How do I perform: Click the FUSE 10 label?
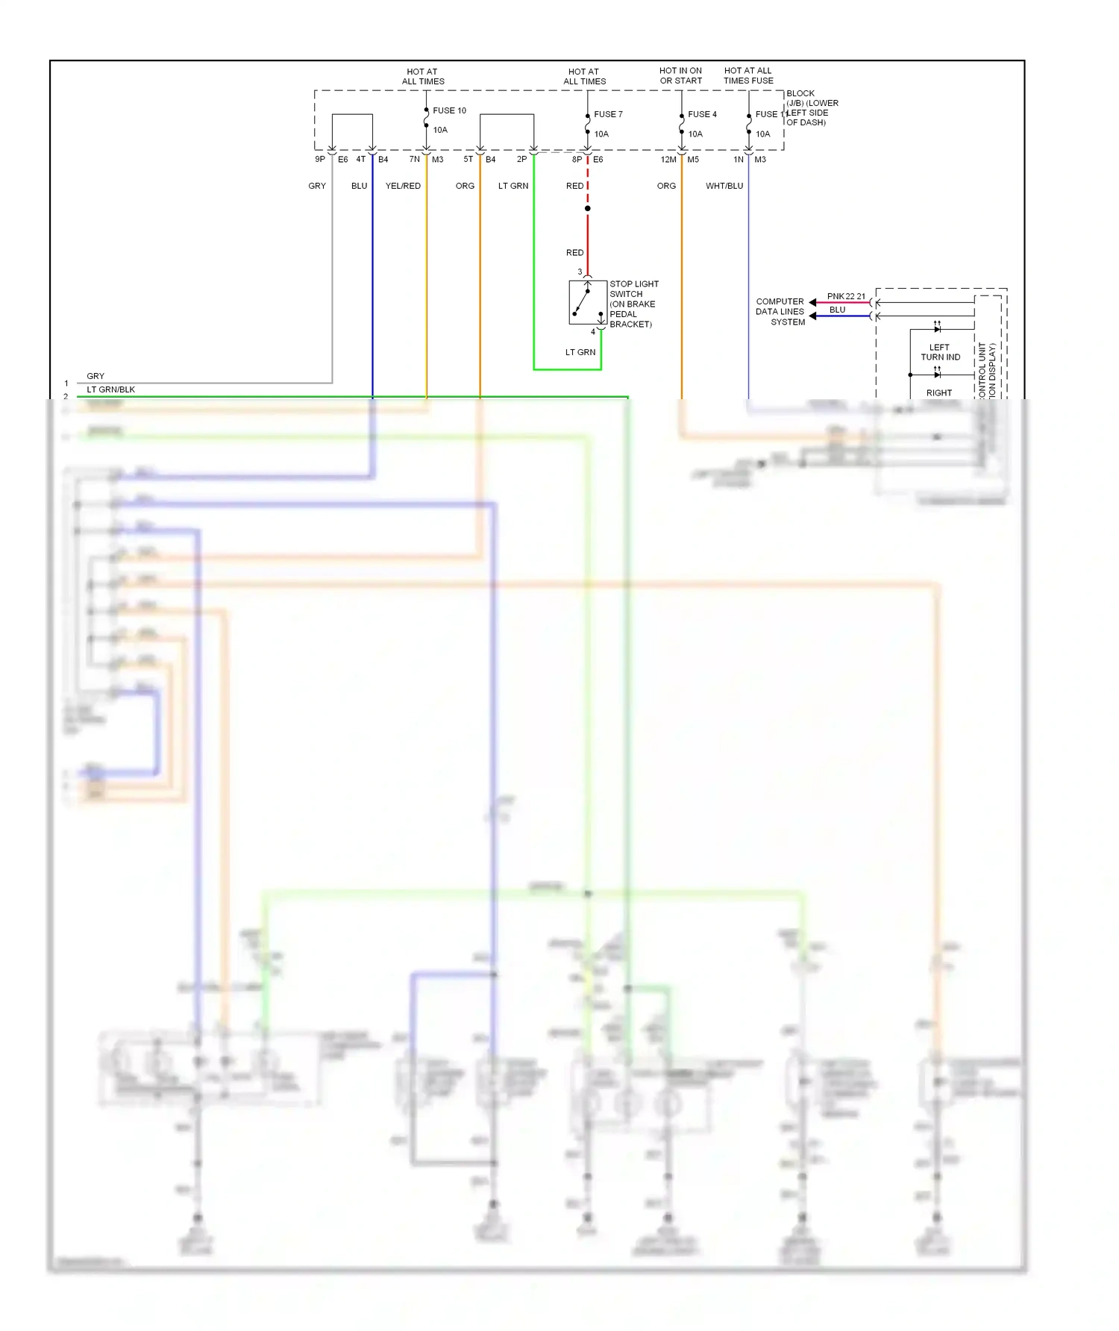click(x=449, y=110)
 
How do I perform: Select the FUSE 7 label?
click(x=608, y=114)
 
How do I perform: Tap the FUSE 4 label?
click(x=702, y=114)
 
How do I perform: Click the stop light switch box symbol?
click(x=587, y=302)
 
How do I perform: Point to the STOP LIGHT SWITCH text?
click(x=633, y=289)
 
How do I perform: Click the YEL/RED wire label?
click(x=403, y=186)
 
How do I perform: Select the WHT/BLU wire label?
click(x=724, y=186)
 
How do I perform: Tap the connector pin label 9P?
click(x=320, y=159)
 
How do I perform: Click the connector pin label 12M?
click(x=668, y=160)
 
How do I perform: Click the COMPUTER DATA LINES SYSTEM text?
click(x=780, y=312)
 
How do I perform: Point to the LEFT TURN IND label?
click(x=940, y=352)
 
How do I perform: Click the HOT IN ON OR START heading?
click(x=680, y=75)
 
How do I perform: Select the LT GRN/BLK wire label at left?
click(x=110, y=389)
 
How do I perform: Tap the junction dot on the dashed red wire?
click(x=588, y=208)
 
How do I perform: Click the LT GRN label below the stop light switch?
click(x=580, y=352)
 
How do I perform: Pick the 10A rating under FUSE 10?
click(x=440, y=130)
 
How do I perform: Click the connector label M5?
click(x=693, y=160)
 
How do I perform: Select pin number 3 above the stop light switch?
click(x=580, y=272)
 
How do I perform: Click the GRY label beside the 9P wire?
click(x=317, y=186)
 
